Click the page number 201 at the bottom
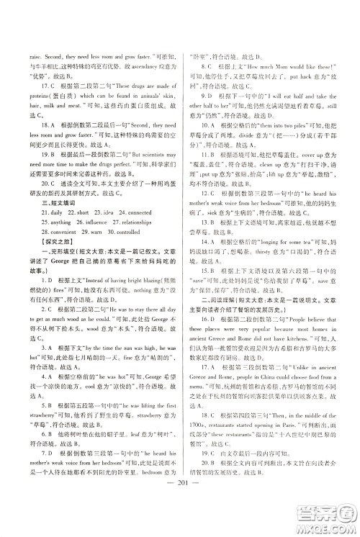[x=180, y=501]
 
